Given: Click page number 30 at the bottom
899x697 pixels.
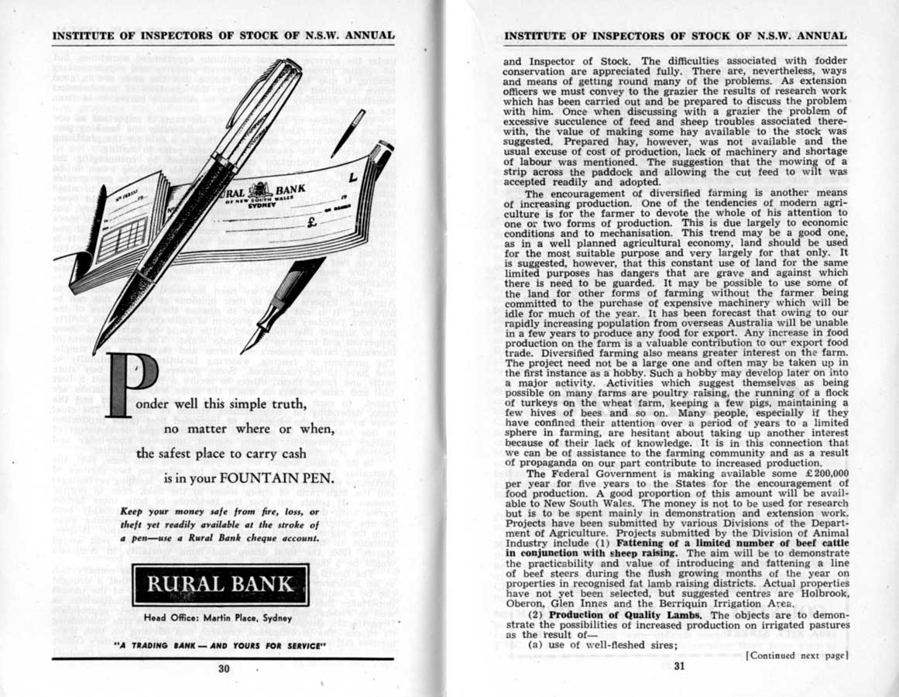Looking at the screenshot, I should click(x=225, y=670).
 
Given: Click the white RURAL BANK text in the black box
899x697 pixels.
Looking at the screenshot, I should click(x=221, y=584).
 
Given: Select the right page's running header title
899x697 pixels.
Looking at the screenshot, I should click(x=674, y=36).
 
